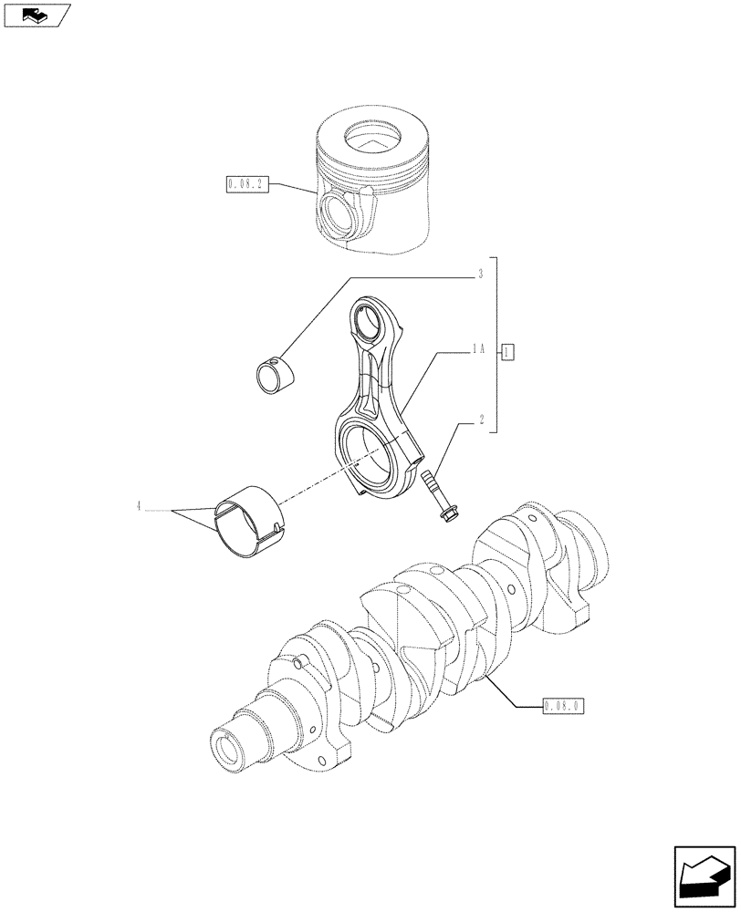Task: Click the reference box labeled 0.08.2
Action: (x=245, y=187)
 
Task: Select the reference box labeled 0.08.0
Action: (x=562, y=706)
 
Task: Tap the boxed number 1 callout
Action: (x=508, y=351)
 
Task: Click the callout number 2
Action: (x=479, y=420)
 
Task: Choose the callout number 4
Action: (x=140, y=507)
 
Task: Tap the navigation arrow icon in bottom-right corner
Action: (x=704, y=878)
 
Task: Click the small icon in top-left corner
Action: (x=37, y=15)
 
